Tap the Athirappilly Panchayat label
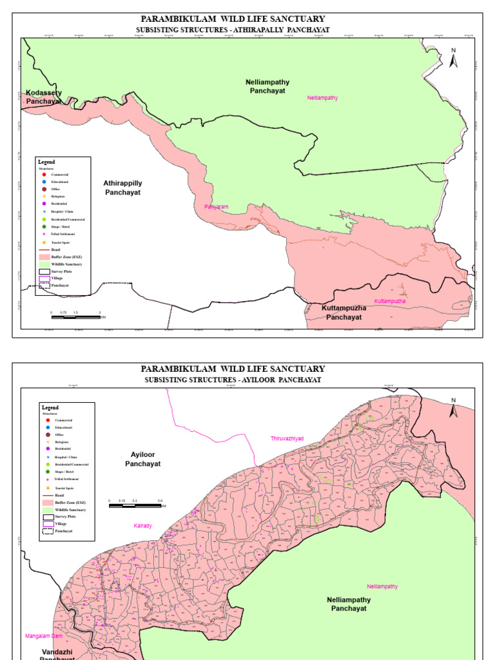click(122, 188)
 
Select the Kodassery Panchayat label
click(44, 97)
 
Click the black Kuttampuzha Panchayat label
click(344, 313)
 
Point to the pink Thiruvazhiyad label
click(287, 438)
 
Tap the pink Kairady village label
click(142, 526)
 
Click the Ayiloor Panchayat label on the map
click(143, 459)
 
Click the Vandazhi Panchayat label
click(57, 654)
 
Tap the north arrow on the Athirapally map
click(454, 57)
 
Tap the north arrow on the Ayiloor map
click(453, 409)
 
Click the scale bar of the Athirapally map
click(75, 317)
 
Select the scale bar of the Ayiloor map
click(135, 505)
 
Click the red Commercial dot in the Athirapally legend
click(43, 175)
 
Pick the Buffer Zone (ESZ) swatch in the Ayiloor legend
click(48, 502)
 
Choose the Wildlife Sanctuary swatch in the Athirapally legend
click(43, 264)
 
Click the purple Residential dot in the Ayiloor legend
click(48, 448)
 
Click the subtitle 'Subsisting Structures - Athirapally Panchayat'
click(233, 30)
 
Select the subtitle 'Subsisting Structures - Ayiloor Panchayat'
click(233, 380)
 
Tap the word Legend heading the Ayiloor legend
click(50, 408)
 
